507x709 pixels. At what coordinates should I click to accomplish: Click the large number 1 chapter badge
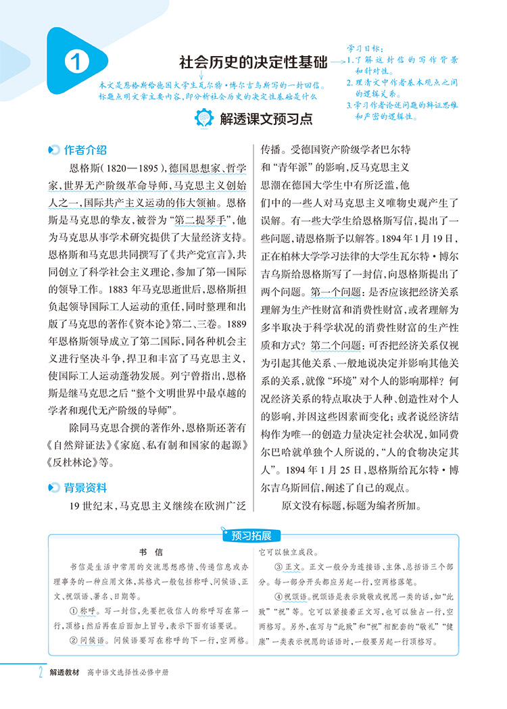(76, 65)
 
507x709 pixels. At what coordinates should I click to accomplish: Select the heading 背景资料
(84, 487)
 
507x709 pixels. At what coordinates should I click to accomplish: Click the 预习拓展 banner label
(251, 536)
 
